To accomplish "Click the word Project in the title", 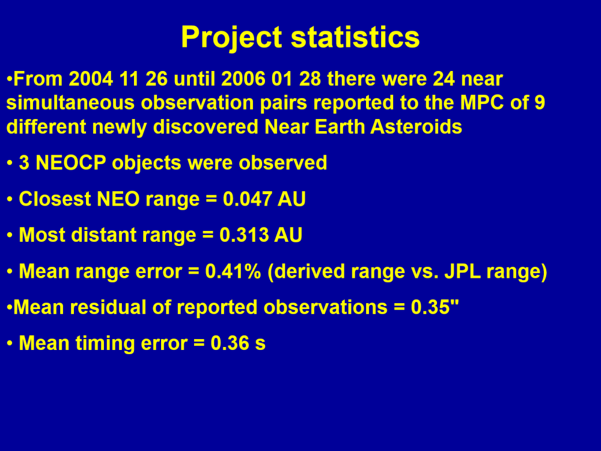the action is (x=232, y=38).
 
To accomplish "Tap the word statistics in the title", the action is (x=355, y=37).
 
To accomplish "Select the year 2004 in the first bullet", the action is (x=91, y=79).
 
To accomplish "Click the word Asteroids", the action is (x=416, y=126).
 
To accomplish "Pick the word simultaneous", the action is (x=71, y=103).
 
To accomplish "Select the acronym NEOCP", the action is (x=71, y=162).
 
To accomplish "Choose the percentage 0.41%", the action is (x=233, y=271).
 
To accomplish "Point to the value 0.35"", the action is (x=435, y=307).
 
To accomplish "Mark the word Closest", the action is (x=55, y=199).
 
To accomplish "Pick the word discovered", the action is (x=206, y=126).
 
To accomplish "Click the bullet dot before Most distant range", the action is (x=10, y=235).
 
